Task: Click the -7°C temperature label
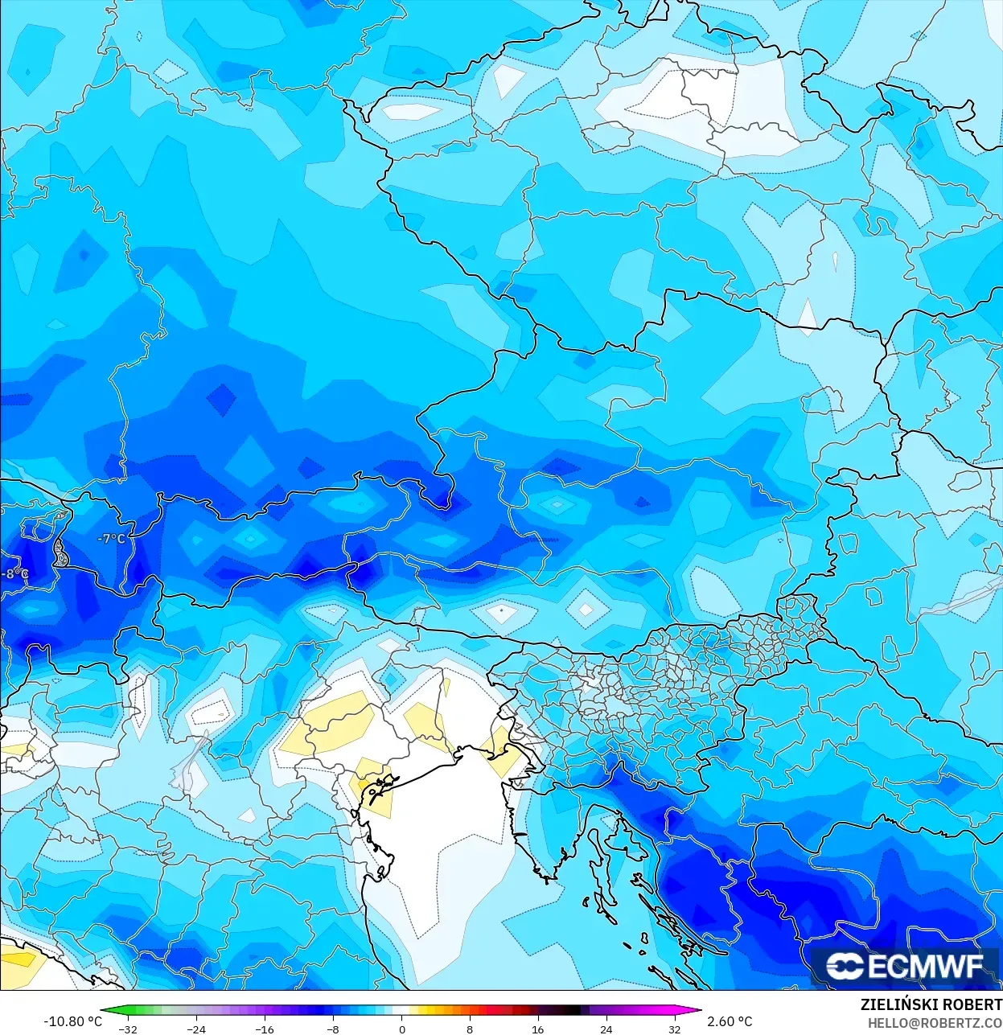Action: (112, 539)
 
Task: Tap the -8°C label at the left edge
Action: (14, 574)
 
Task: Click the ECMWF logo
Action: (905, 966)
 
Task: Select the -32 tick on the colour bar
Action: (128, 1029)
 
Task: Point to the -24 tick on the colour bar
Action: (196, 1029)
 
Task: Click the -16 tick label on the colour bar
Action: (265, 1029)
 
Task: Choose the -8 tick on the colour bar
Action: (333, 1029)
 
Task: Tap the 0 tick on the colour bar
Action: (401, 1029)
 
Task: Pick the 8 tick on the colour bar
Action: (470, 1029)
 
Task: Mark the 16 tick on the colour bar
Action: (537, 1029)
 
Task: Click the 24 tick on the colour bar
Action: (606, 1029)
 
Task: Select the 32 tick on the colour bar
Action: (674, 1029)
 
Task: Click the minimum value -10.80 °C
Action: (73, 1021)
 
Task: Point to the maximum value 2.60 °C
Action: (730, 1021)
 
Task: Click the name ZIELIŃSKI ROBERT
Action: (931, 1005)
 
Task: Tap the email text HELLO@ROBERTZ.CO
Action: (934, 1023)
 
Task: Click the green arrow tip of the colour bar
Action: (105, 1011)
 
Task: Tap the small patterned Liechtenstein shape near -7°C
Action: (60, 552)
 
